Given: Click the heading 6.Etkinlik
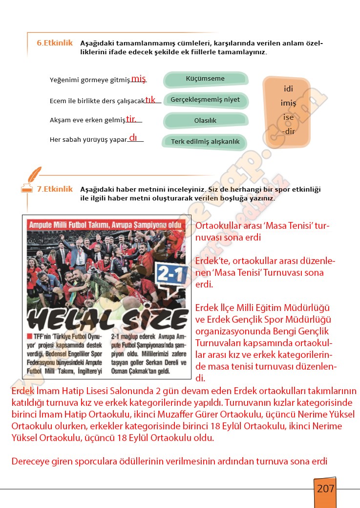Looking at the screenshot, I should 55,43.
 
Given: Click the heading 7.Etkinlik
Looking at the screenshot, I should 55,189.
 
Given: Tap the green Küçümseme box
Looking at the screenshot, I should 205,79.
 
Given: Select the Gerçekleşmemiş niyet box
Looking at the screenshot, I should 205,100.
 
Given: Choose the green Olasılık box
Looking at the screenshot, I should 205,120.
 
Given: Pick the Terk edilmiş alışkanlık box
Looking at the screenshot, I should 205,142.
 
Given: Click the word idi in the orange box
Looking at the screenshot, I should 288,89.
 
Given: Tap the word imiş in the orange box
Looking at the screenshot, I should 288,103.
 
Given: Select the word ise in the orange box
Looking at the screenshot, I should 288,117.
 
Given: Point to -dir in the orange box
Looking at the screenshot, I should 288,131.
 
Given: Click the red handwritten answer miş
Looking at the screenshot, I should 139,79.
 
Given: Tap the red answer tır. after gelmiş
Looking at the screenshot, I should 131,119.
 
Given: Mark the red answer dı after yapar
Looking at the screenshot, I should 133,138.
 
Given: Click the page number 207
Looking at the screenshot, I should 325,488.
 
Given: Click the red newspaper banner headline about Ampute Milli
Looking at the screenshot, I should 106,225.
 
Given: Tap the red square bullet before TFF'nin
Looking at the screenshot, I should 29,336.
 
